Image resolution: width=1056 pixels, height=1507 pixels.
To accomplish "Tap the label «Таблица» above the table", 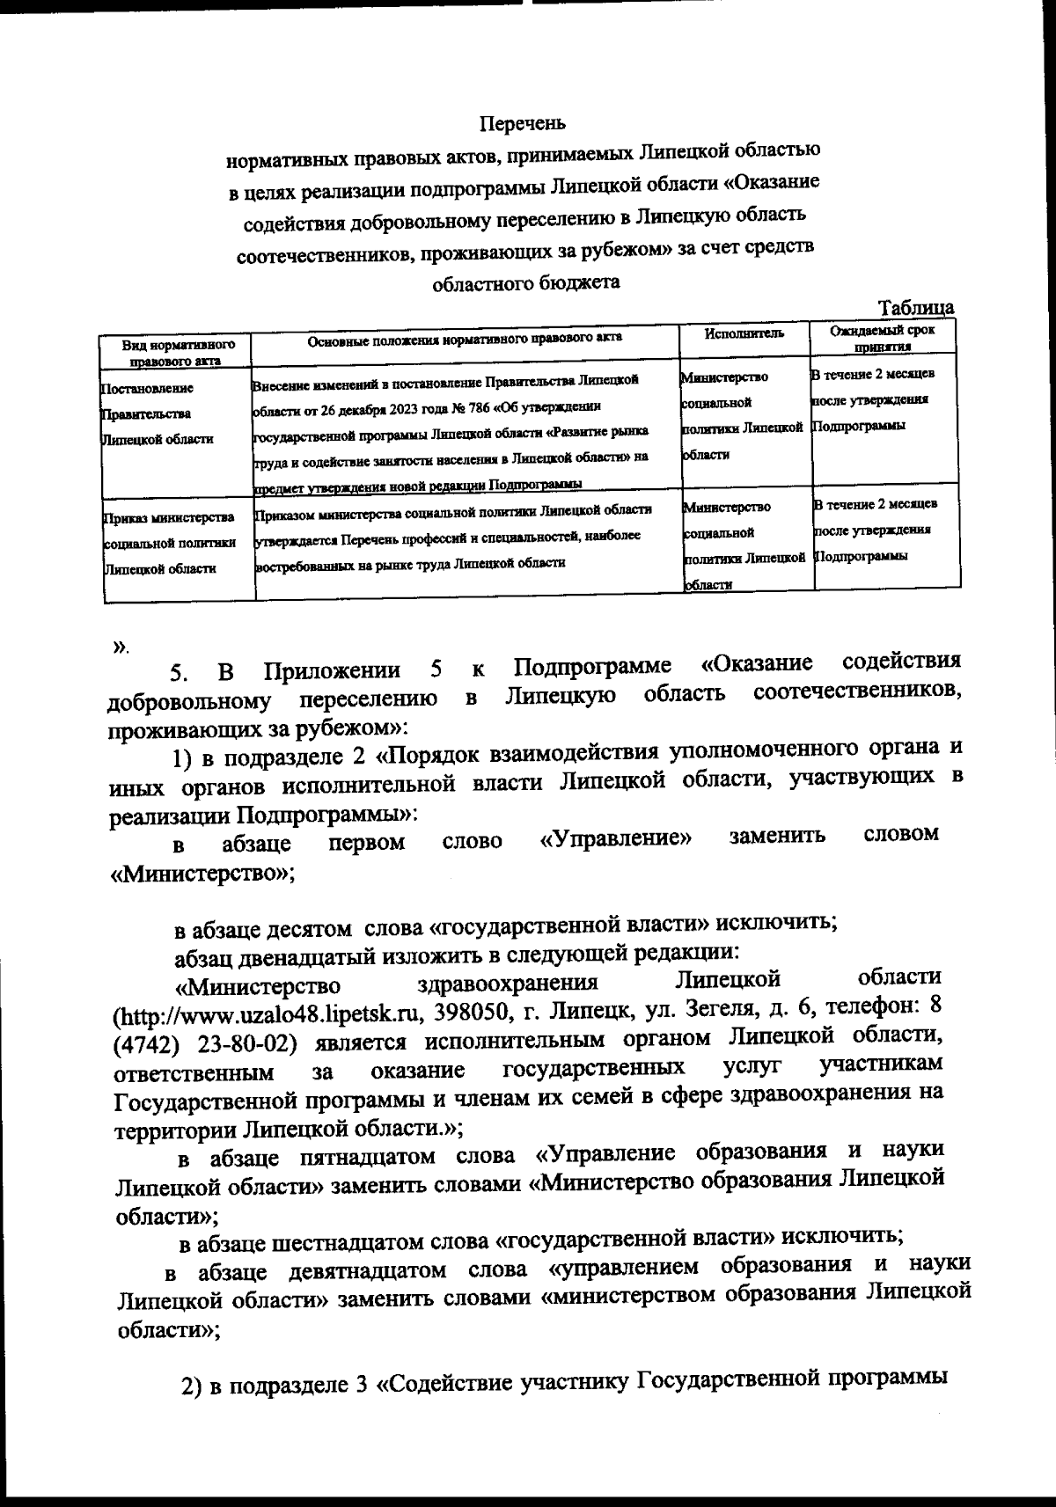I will pyautogui.click(x=917, y=308).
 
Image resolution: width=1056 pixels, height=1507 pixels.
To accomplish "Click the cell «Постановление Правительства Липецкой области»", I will pyautogui.click(x=158, y=413).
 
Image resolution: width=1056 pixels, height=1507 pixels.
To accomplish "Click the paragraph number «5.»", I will pyautogui.click(x=180, y=674).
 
